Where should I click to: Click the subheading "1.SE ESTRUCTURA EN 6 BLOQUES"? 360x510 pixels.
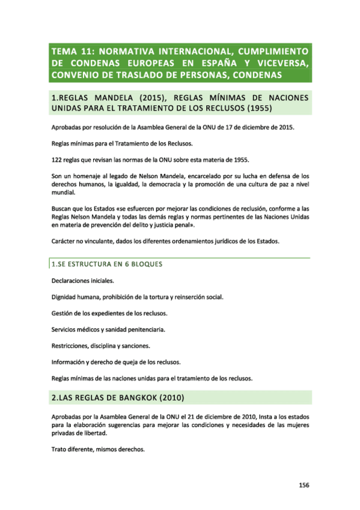point(106,264)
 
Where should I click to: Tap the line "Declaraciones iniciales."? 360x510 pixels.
point(82,280)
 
